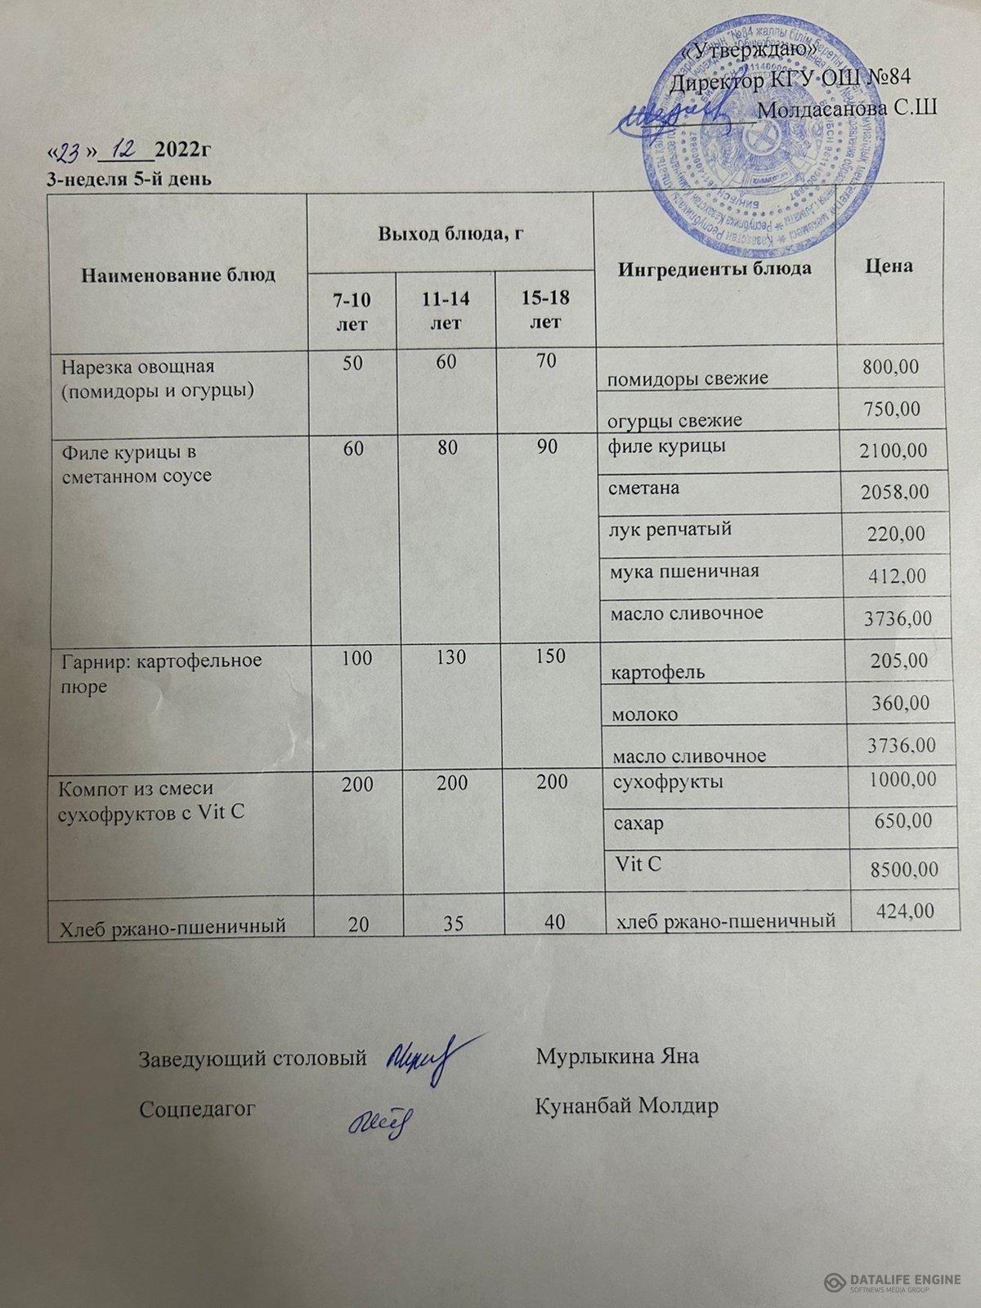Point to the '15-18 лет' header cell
click(x=545, y=308)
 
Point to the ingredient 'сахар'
click(x=638, y=823)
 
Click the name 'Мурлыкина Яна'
click(x=616, y=1056)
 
